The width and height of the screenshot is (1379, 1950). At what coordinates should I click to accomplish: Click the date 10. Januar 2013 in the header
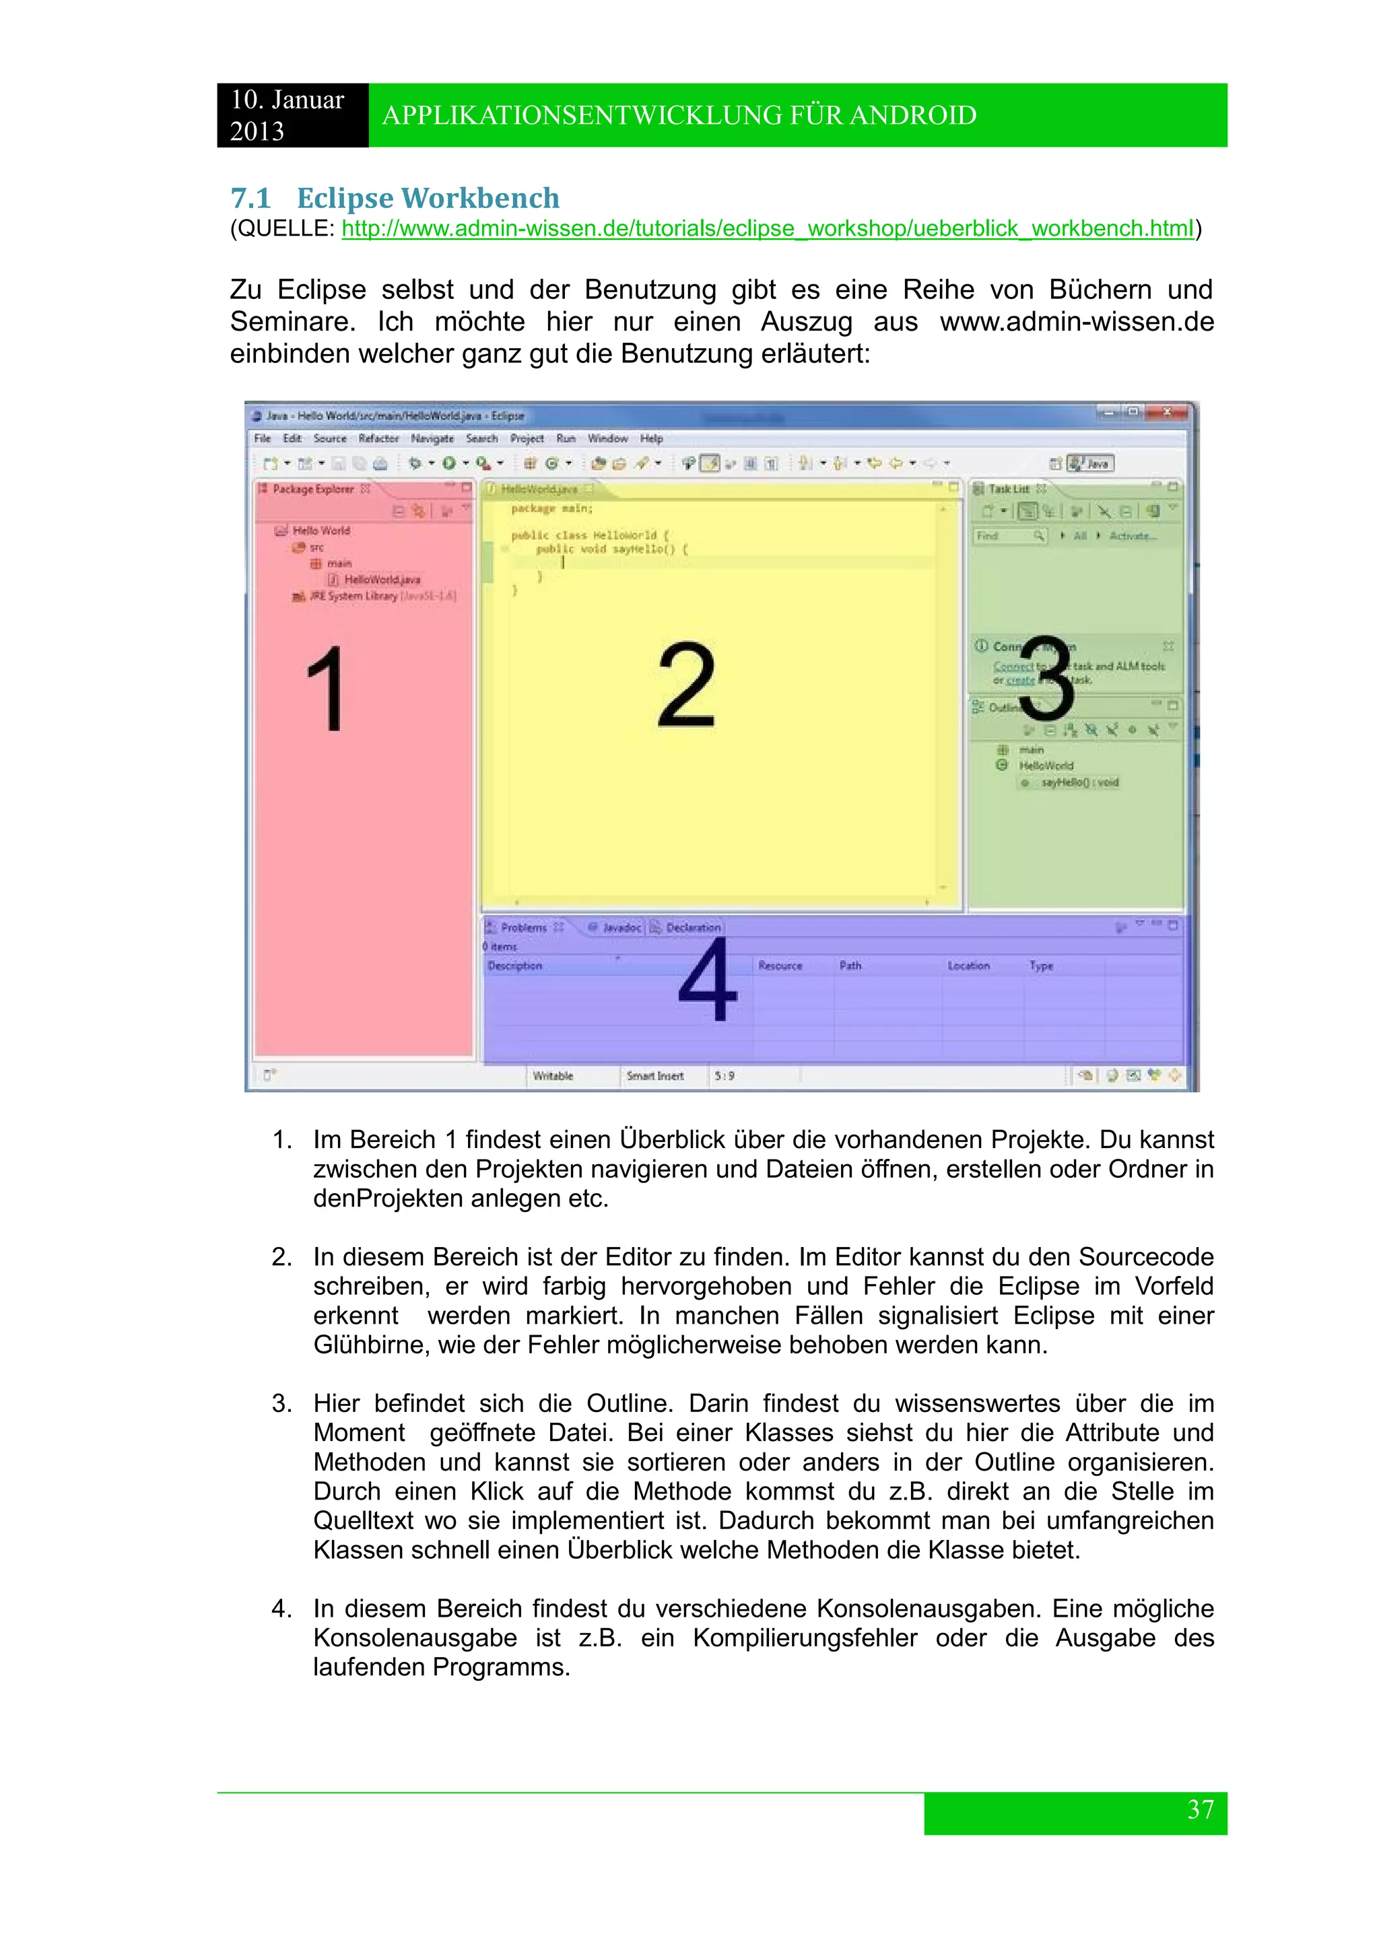tap(287, 114)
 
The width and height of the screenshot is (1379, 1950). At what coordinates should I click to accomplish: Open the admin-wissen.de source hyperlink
tap(767, 228)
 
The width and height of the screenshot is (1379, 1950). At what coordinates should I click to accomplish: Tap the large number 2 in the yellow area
tap(686, 686)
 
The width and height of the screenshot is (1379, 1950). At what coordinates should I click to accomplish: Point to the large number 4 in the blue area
tap(707, 981)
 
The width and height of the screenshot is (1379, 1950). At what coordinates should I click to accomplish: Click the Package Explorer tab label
tap(312, 490)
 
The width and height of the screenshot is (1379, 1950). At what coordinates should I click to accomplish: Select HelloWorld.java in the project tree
tap(381, 579)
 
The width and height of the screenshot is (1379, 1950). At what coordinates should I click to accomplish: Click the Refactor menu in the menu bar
tap(378, 438)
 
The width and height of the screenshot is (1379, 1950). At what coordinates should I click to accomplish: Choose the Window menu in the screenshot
tap(607, 438)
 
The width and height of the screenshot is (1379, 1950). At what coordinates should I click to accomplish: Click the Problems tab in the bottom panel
tap(523, 927)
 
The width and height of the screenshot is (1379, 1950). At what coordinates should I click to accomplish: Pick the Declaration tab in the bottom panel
tap(692, 927)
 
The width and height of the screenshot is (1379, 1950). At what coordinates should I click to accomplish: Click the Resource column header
tap(780, 966)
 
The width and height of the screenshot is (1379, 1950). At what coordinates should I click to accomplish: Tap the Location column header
tap(968, 966)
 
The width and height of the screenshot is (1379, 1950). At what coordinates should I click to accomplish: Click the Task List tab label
tap(1008, 490)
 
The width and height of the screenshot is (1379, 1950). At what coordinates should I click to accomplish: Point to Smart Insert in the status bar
tap(654, 1076)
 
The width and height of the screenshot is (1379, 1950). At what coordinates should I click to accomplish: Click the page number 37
tap(1200, 1809)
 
